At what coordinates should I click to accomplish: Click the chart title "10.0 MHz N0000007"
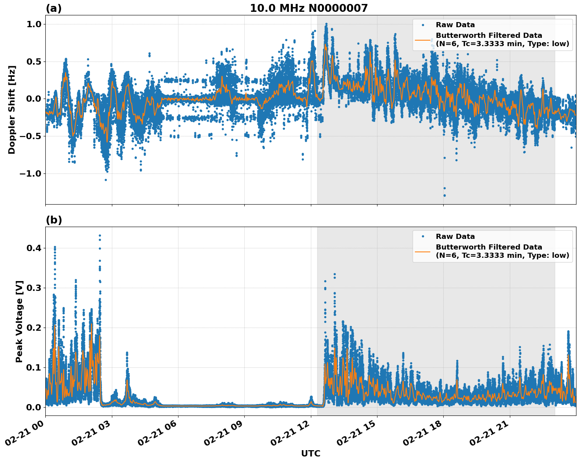click(x=309, y=8)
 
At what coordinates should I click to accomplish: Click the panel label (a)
click(x=54, y=8)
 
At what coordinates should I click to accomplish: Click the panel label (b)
click(x=54, y=220)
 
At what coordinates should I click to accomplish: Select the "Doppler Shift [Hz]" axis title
click(x=12, y=110)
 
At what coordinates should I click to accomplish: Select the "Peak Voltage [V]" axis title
click(x=19, y=321)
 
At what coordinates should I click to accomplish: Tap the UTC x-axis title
click(x=310, y=453)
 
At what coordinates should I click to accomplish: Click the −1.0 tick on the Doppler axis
click(x=30, y=174)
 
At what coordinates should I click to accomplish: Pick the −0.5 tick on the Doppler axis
click(x=30, y=136)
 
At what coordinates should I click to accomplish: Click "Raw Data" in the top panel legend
click(x=455, y=25)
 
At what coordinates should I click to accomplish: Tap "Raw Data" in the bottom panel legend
click(x=455, y=237)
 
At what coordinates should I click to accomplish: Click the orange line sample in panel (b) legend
click(x=422, y=251)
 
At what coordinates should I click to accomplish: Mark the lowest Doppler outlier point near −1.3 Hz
click(x=444, y=195)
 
